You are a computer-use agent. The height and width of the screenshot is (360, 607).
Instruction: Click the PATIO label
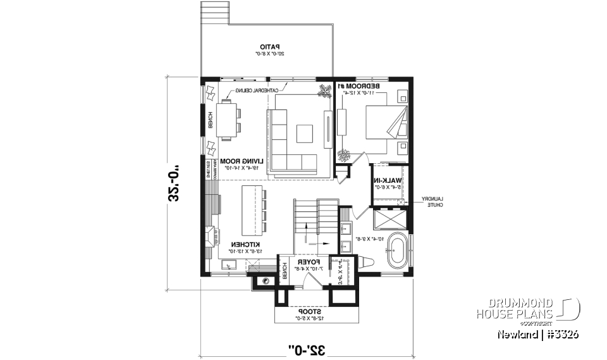[272, 46]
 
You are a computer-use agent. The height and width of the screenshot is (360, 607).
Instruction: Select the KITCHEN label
[243, 244]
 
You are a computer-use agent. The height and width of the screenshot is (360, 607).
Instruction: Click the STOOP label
[310, 311]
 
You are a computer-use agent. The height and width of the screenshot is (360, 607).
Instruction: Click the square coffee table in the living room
[305, 133]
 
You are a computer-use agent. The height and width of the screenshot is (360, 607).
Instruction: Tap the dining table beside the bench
[226, 120]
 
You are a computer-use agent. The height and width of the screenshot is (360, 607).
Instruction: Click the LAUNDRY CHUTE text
[432, 201]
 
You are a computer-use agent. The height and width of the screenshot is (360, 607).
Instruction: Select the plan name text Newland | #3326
[537, 333]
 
